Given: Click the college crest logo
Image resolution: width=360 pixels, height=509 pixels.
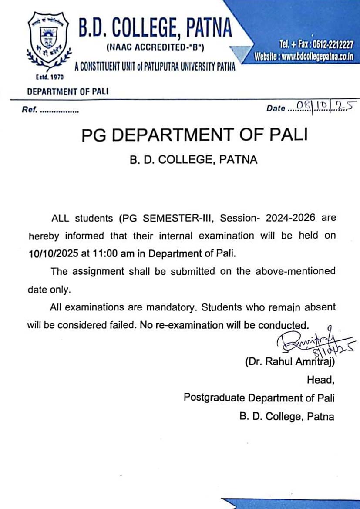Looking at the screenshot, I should click(45, 42).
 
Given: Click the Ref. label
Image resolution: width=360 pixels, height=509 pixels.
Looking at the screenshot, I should click(30, 109).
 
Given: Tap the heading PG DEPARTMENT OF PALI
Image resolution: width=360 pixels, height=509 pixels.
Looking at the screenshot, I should click(194, 135).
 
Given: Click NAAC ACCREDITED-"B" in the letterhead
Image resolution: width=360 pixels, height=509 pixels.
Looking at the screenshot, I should click(158, 46).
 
